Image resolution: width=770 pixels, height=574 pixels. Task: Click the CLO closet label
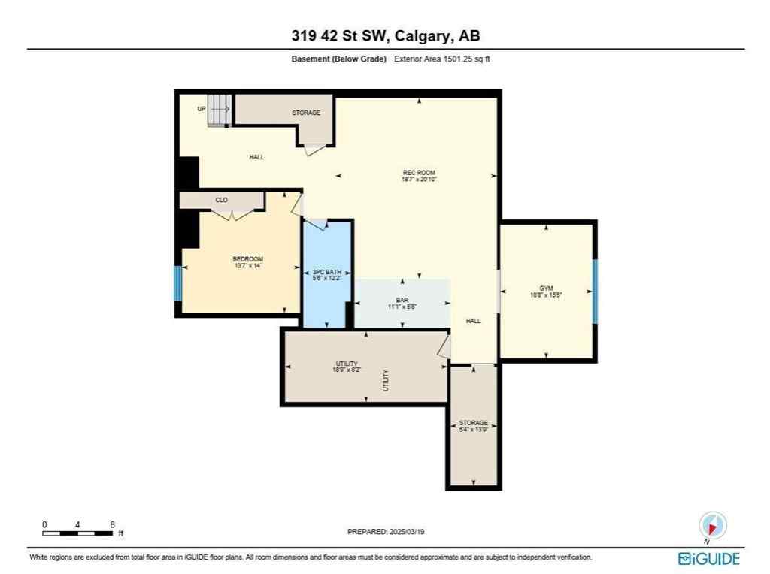[221, 201]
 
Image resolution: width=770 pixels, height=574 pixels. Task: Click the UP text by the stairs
[202, 109]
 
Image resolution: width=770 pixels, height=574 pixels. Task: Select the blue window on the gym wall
[594, 292]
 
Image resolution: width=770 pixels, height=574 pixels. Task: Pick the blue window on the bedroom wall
[178, 283]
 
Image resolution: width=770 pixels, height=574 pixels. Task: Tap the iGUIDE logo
[708, 558]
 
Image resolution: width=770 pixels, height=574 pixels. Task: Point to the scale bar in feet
[78, 533]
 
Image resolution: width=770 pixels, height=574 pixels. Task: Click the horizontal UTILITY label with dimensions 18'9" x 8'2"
[347, 367]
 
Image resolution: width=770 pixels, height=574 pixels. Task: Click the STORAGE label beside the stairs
[306, 113]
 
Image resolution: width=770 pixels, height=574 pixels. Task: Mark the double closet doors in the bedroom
[232, 215]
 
